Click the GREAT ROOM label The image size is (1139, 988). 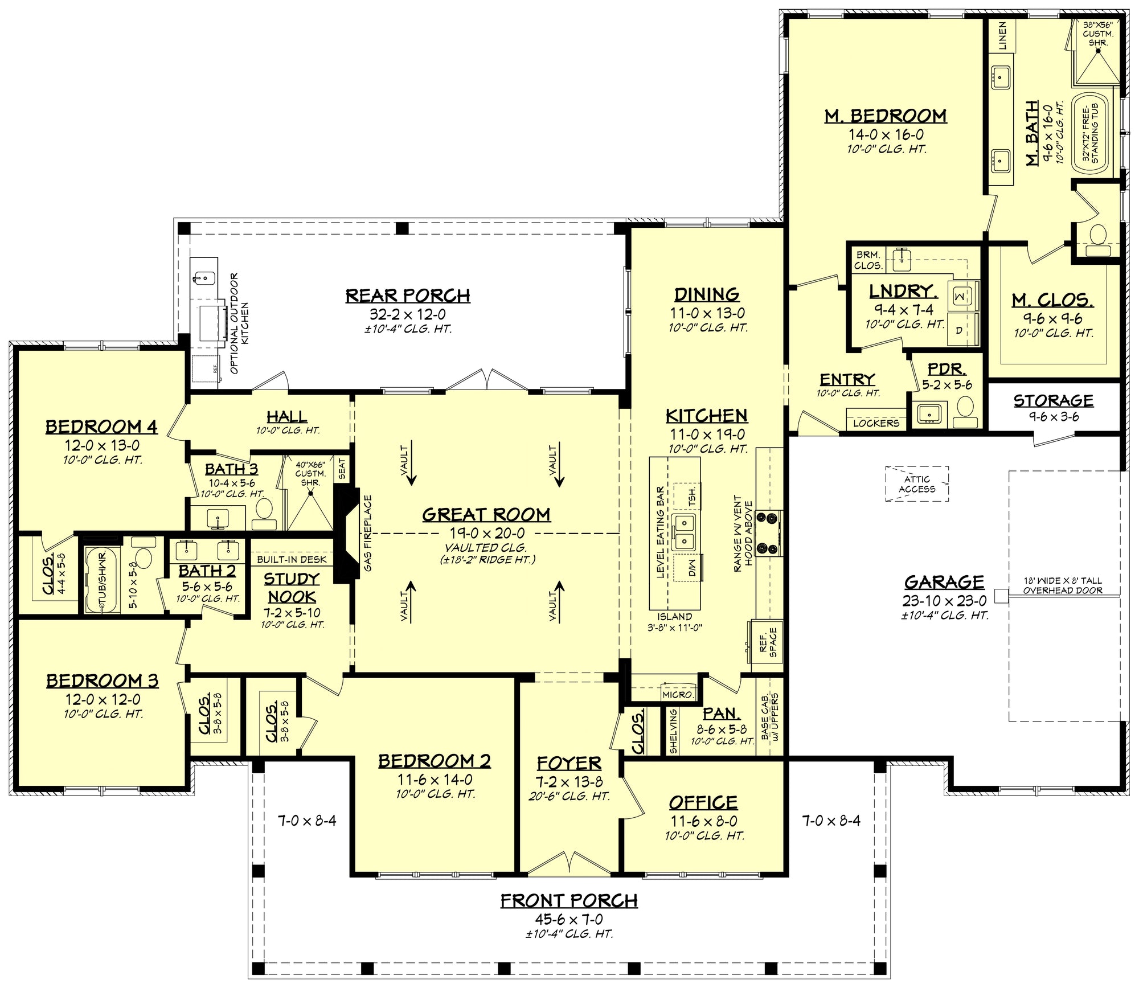tap(486, 515)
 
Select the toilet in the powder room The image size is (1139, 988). tap(965, 412)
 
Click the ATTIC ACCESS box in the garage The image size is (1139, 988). tap(917, 484)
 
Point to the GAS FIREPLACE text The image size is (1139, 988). tap(368, 534)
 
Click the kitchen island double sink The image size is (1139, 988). tap(683, 532)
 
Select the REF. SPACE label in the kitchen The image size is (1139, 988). tap(768, 642)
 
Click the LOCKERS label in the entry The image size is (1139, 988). tap(876, 423)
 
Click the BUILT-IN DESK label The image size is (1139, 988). tap(292, 559)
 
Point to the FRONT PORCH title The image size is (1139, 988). tap(569, 900)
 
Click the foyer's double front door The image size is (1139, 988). tap(569, 863)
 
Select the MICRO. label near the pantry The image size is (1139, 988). tap(678, 695)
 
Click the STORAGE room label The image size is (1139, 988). tap(1054, 401)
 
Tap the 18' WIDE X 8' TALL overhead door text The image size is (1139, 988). tap(1063, 585)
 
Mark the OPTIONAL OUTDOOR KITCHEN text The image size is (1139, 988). tap(239, 323)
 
